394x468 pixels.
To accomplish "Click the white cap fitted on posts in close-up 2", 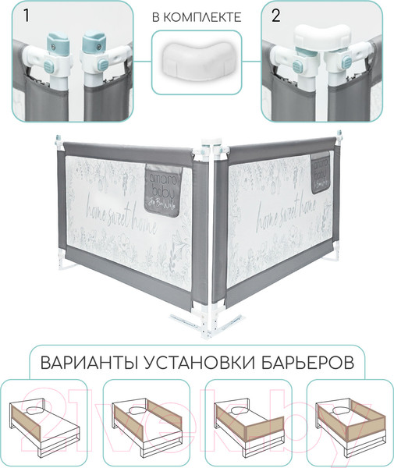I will pyautogui.click(x=321, y=35).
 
